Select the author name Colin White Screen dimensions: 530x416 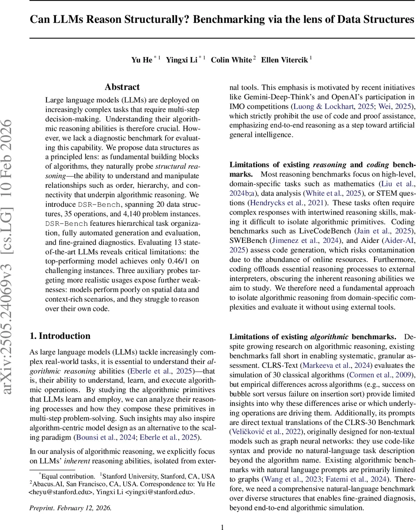tap(231, 60)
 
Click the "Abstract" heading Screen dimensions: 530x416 tap(122, 87)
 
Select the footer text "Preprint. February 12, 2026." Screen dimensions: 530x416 tap(71, 508)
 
